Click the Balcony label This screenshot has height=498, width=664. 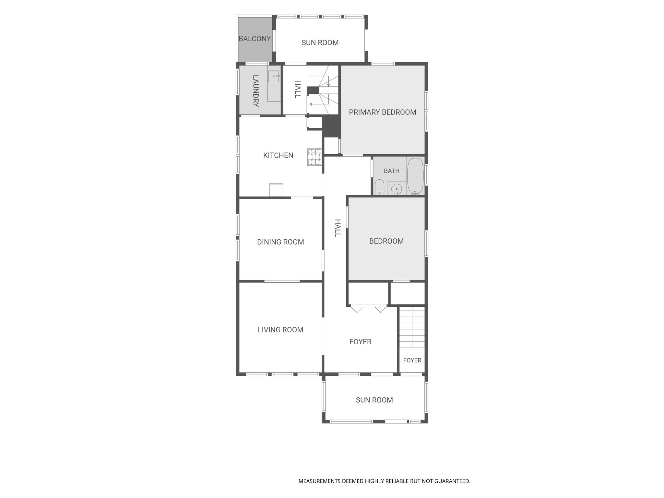pyautogui.click(x=255, y=39)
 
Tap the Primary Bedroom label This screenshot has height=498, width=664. pyautogui.click(x=383, y=112)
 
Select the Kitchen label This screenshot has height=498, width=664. pyautogui.click(x=278, y=155)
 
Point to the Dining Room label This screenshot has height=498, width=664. pyautogui.click(x=280, y=242)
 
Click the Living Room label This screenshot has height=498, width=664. pyautogui.click(x=280, y=330)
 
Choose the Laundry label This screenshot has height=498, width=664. pyautogui.click(x=255, y=91)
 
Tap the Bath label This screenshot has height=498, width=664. pyautogui.click(x=392, y=171)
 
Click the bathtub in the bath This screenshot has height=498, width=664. pyautogui.click(x=415, y=176)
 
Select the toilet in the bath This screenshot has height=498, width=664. pyautogui.click(x=379, y=187)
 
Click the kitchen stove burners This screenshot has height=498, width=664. pyautogui.click(x=314, y=157)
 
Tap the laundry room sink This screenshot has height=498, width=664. pyautogui.click(x=274, y=76)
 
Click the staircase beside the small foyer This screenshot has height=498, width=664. pyautogui.click(x=412, y=327)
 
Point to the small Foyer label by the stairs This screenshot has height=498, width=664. pyautogui.click(x=412, y=360)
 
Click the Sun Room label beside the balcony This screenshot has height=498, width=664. pyautogui.click(x=320, y=42)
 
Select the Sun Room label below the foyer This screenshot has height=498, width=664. pyautogui.click(x=374, y=400)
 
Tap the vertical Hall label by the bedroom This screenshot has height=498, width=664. pyautogui.click(x=338, y=228)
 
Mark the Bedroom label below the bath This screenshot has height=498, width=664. pyautogui.click(x=386, y=241)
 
